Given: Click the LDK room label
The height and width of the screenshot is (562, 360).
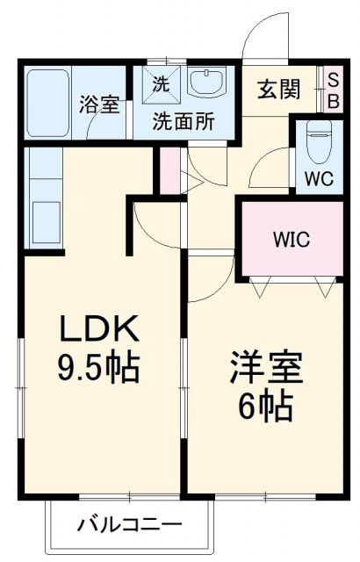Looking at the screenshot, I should tap(98, 330).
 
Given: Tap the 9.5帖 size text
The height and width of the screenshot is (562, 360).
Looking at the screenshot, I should tap(98, 368).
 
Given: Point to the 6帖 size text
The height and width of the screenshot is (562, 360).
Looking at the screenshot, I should tap(267, 406).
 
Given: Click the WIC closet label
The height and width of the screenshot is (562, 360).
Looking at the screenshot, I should tap(291, 239).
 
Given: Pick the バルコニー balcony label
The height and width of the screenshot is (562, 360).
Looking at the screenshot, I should tap(131, 526).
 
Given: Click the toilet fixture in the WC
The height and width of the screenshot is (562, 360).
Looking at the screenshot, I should tap(318, 140).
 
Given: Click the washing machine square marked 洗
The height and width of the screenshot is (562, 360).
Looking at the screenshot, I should tap(161, 85).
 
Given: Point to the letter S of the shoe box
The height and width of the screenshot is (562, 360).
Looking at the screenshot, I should tap(334, 78).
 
